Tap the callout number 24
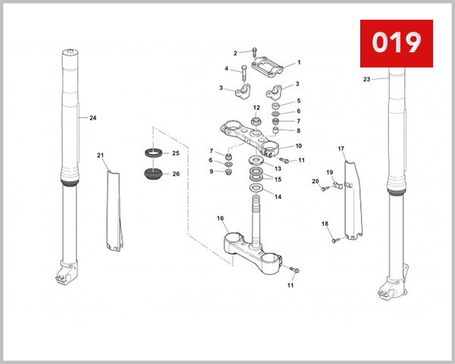[x=93, y=118]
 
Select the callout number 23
[x=366, y=79]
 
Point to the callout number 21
[x=100, y=155]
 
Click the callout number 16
[x=221, y=218]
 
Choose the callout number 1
[x=299, y=63]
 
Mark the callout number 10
[x=299, y=146]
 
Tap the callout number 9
[x=211, y=171]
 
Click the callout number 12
[x=256, y=108]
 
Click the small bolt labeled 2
[x=253, y=52]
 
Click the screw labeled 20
[x=324, y=189]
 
